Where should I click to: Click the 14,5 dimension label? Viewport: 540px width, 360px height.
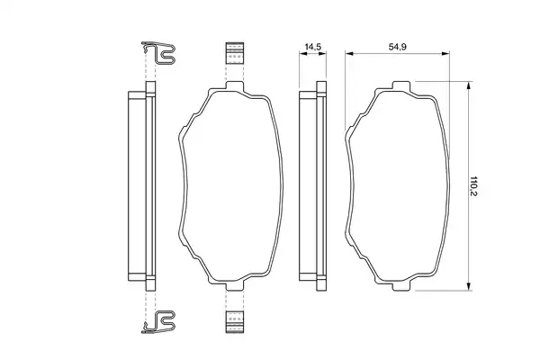coord(313,47)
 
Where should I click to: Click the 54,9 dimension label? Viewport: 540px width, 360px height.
coord(398,47)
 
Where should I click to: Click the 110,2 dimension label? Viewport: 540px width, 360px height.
coord(474,186)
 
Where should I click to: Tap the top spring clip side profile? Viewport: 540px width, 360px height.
coord(158,53)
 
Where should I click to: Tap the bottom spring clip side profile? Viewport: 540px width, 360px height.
coord(158,322)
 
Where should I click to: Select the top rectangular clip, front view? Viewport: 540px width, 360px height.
coord(235,53)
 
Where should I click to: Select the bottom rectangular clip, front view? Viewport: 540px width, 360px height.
coord(235,322)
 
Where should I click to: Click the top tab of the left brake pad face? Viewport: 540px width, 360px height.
coord(235,85)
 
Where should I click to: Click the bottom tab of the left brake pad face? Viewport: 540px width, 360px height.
coord(235,286)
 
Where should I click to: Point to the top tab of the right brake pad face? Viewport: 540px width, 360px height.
coord(401,85)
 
